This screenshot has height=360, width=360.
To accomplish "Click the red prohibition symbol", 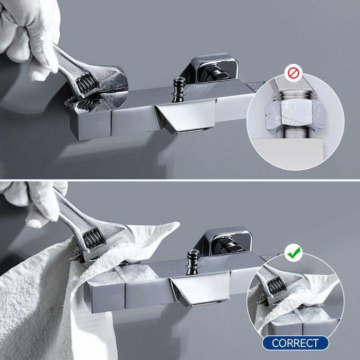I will [x=293, y=73].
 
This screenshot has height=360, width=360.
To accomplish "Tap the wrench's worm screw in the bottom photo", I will [x=91, y=239].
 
